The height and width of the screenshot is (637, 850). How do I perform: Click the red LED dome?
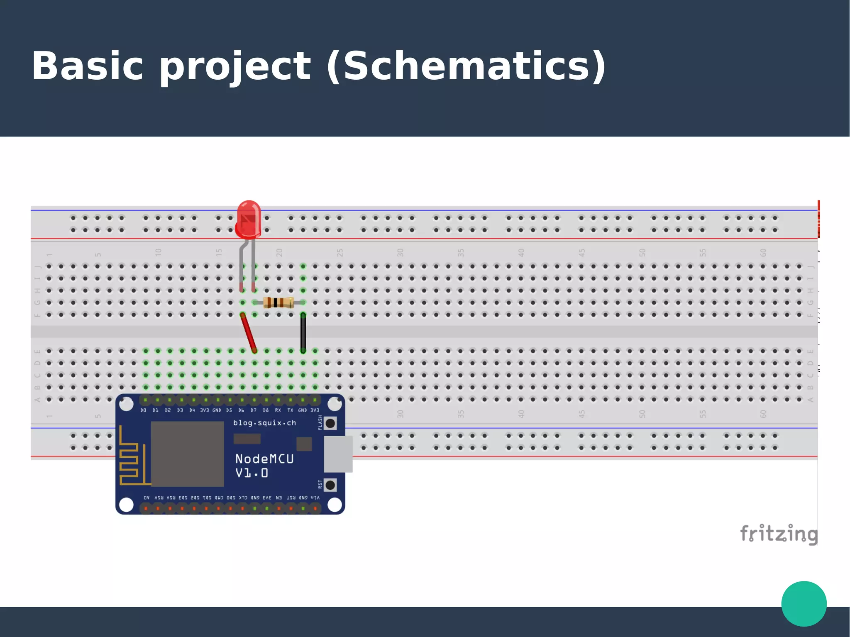coord(248,219)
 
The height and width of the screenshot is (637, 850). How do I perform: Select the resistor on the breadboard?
coord(278,303)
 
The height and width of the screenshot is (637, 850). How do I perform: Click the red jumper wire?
coord(249,333)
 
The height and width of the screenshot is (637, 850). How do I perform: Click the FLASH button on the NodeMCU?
coord(330,424)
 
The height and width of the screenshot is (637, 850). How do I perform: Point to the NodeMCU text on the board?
coord(264,459)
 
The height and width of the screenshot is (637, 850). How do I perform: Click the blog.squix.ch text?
coord(264,423)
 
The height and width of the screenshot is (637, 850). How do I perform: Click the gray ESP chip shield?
coord(187,454)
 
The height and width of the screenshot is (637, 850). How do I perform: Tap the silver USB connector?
coord(338,454)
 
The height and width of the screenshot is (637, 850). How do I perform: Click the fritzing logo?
coord(779,534)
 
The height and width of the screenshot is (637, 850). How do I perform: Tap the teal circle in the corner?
coord(804,603)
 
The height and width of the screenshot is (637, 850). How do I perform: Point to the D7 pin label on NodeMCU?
coord(254,410)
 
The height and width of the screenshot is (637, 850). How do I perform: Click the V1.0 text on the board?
coord(252,473)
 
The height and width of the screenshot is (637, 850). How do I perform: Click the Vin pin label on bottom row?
coord(315,498)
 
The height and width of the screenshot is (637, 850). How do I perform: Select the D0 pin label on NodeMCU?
coord(144,410)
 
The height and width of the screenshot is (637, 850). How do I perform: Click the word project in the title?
coord(235,66)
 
